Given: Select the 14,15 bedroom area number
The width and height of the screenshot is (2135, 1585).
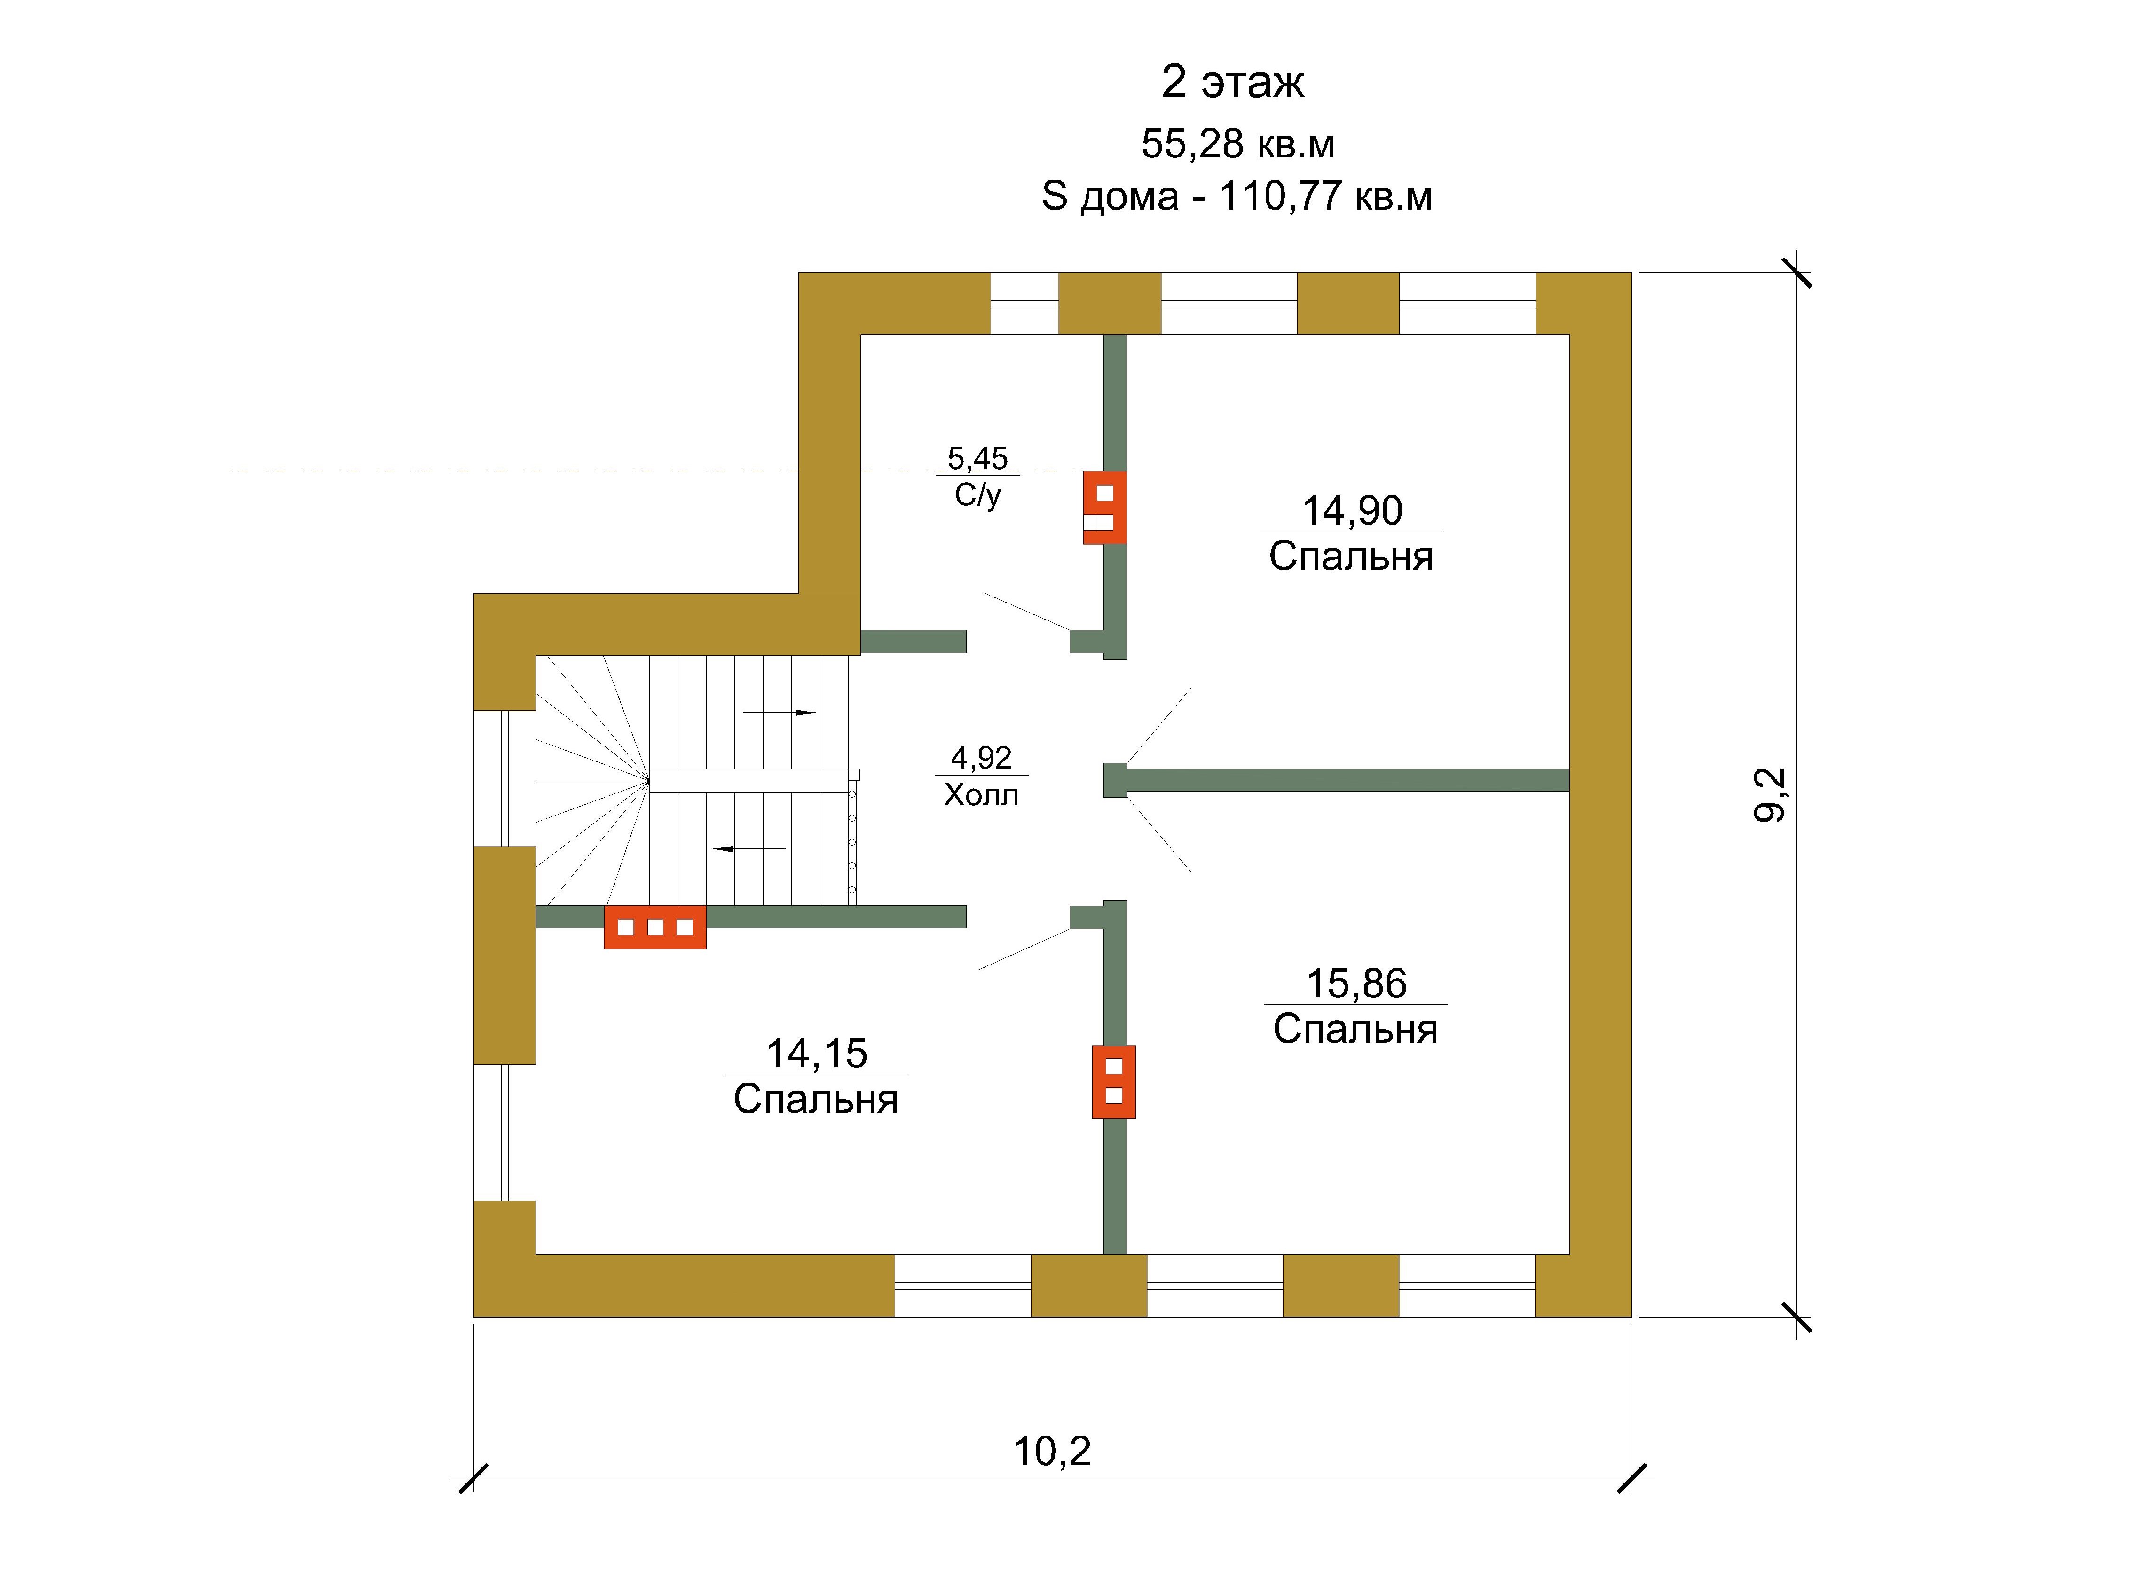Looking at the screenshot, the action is tap(817, 1053).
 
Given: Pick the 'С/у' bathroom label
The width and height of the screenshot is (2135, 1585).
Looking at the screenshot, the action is tap(978, 495).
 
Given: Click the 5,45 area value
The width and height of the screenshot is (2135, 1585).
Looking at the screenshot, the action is tap(978, 459).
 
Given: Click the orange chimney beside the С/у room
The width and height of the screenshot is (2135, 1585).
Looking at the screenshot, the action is tap(1104, 508).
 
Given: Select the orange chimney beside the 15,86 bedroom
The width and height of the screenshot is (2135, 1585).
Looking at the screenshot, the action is tap(1113, 1081).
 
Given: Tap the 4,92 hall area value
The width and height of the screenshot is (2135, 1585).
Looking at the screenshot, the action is tap(981, 758).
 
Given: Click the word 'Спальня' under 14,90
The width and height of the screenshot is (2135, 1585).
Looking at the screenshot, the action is tap(1351, 557).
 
